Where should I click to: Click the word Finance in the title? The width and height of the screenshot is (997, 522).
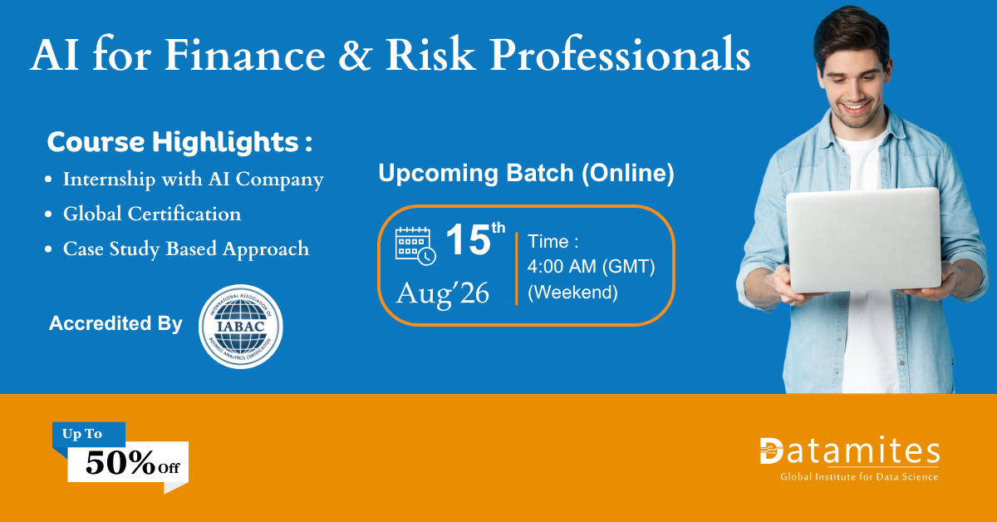245,55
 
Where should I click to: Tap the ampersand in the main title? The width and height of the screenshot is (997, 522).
355,55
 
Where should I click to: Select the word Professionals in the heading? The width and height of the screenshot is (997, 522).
620,55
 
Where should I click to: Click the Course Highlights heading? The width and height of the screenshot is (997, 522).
179,142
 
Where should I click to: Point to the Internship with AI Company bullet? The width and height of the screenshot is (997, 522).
193,180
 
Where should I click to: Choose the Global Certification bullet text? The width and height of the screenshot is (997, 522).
152,214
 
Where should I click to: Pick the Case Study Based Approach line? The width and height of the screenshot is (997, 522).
186,249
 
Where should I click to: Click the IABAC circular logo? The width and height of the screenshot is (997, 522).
240,327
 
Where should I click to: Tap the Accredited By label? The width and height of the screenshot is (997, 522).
115,323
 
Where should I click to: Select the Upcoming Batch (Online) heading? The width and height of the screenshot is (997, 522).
526,173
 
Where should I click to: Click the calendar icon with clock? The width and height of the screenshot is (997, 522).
415,246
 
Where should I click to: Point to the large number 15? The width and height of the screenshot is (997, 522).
468,240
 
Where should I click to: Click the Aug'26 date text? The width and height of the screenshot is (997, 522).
442,293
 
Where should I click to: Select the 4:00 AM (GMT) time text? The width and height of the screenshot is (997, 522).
591,266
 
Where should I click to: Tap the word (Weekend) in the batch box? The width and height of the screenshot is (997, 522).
572,293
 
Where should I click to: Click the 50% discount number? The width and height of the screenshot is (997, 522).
120,463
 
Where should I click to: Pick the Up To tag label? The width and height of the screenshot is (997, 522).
82,433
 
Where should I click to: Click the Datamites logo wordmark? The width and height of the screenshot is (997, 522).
850,451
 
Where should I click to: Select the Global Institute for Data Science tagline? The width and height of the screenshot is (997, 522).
859,476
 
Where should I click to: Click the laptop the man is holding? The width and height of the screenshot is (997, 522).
863,240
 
